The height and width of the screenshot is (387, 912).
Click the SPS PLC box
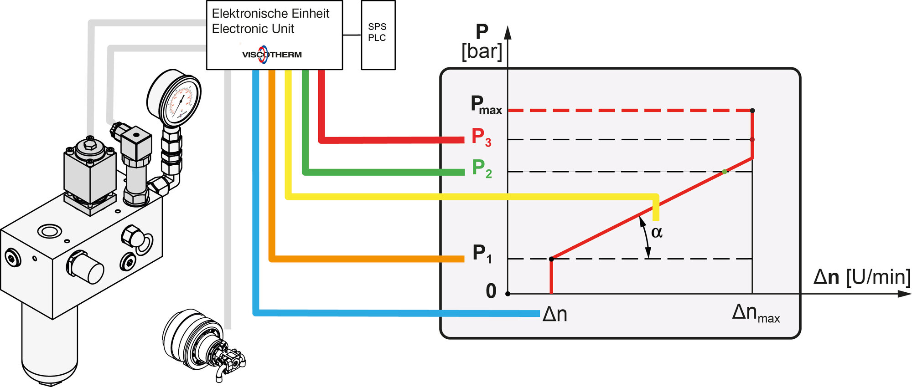378,35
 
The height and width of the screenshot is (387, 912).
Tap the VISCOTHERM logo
272,55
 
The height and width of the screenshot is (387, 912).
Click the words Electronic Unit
253,29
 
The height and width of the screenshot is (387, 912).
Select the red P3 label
481,137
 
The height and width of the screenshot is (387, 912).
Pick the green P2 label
482,168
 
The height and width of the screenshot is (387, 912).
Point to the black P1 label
482,253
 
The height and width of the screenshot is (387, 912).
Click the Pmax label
486,105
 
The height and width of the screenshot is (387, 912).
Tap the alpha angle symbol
657,232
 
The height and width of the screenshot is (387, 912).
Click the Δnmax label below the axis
755,313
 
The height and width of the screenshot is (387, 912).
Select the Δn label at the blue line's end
554,314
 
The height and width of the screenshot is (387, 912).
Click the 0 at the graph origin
491,291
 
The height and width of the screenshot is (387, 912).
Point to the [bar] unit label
482,51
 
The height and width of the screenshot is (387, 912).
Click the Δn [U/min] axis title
862,277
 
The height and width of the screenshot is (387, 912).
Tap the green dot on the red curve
725,172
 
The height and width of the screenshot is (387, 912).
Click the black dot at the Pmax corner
752,111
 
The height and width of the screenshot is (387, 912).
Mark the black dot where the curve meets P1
551,259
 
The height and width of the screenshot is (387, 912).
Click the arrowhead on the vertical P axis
508,33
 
